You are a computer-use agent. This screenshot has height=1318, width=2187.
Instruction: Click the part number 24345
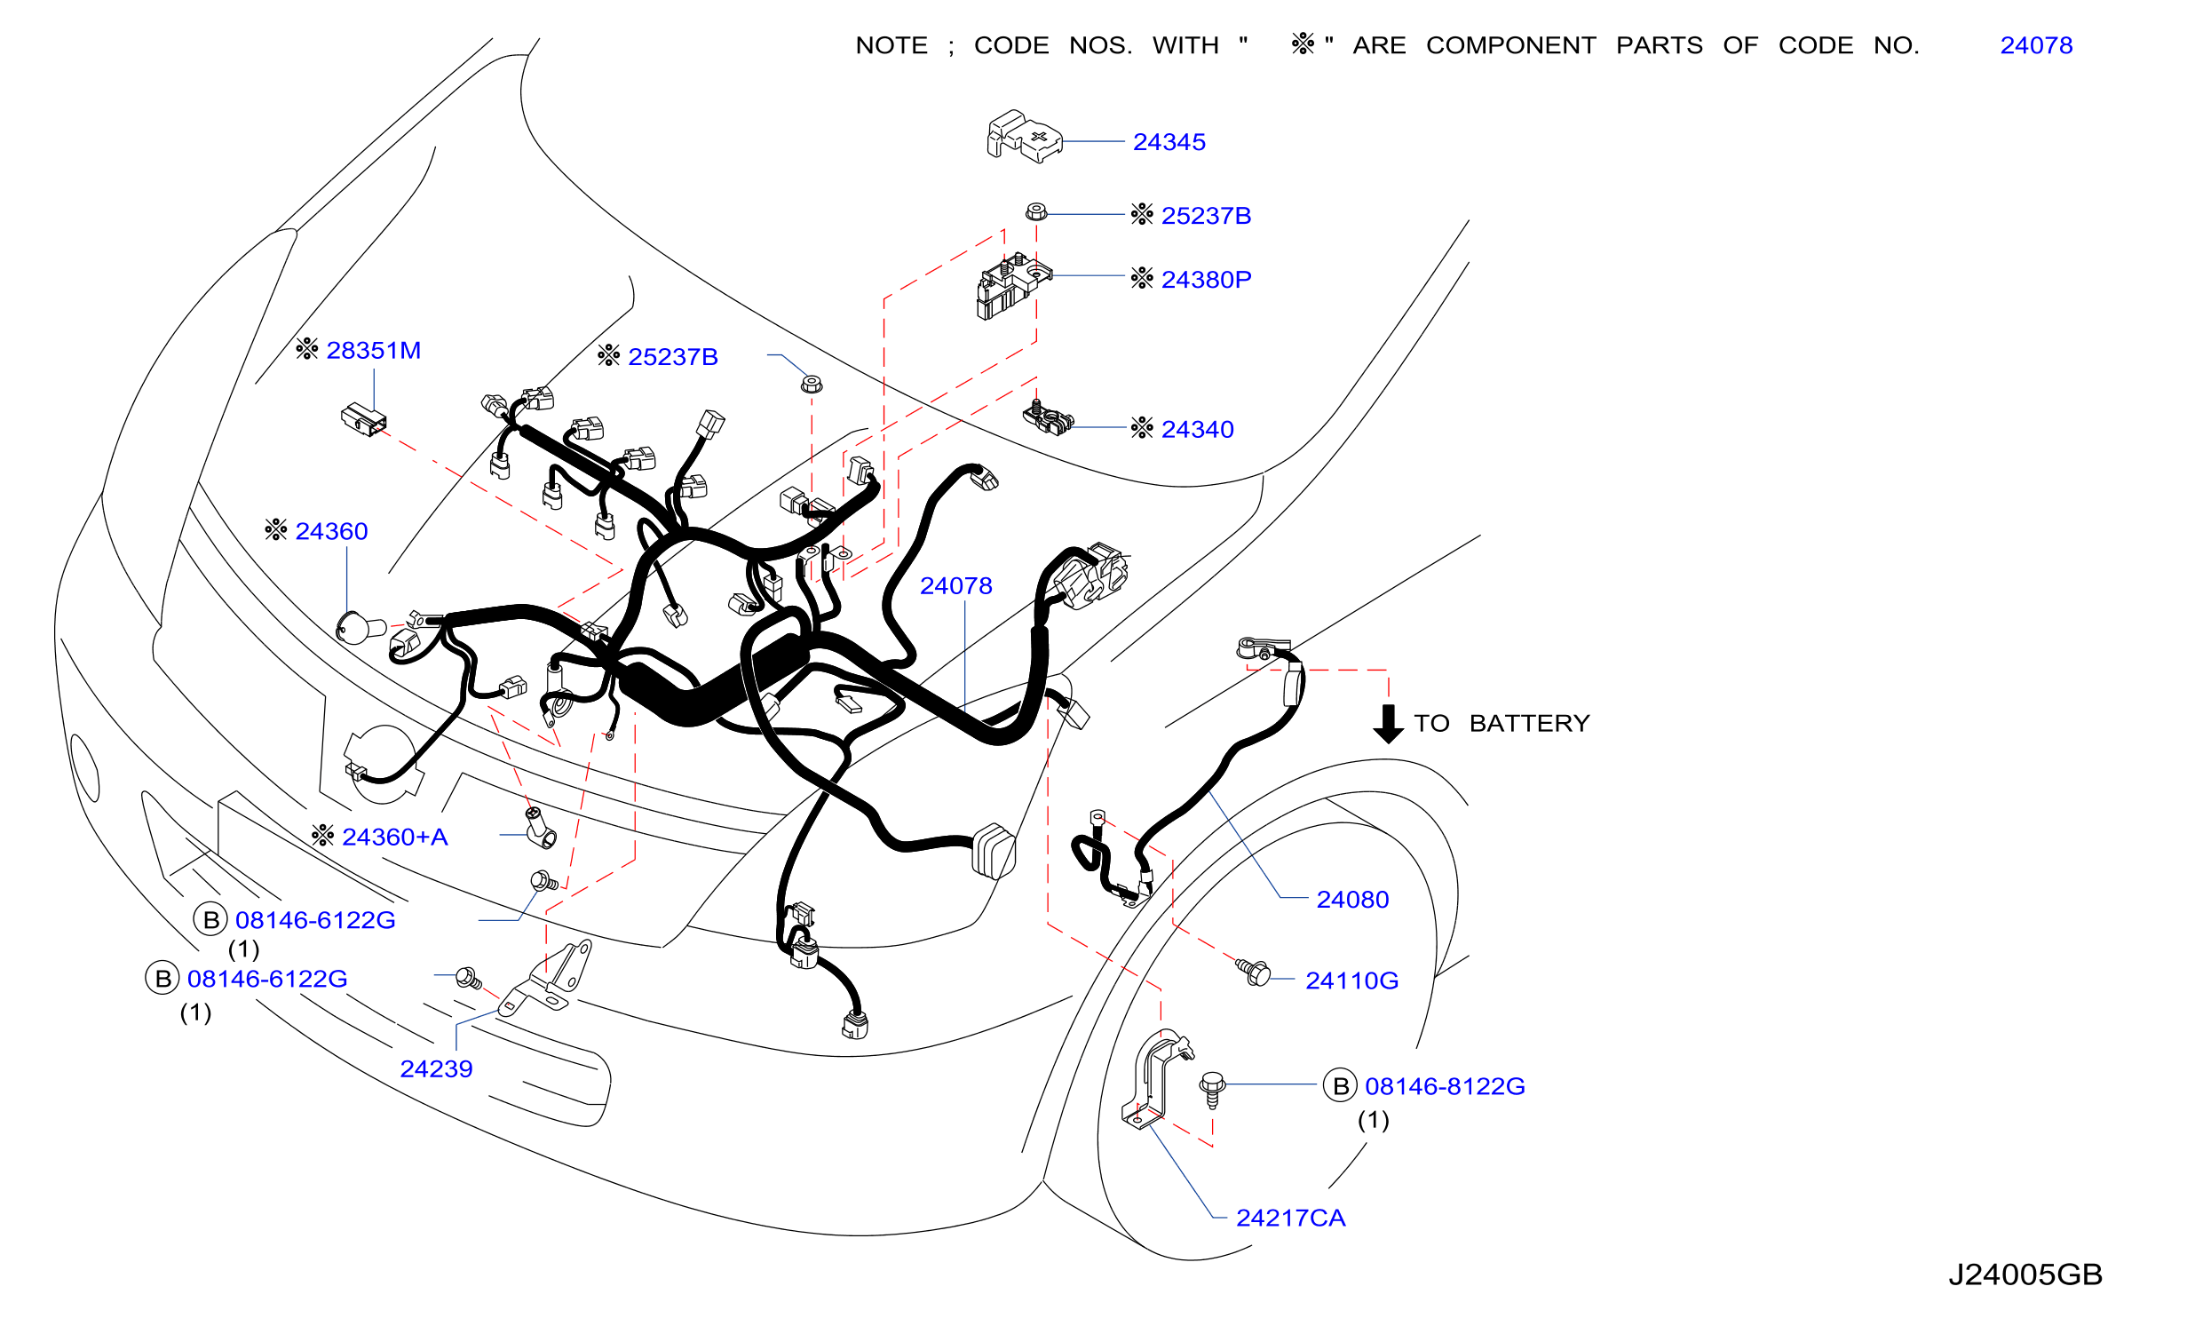pos(1169,142)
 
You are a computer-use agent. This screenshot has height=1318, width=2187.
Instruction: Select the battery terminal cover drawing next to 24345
pos(1024,137)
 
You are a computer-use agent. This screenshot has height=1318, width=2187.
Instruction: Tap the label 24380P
pos(1206,280)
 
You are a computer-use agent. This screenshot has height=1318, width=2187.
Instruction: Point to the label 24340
pos(1197,430)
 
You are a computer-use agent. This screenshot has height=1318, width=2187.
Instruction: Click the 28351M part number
pos(373,351)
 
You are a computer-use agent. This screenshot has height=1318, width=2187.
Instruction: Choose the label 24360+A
pos(394,837)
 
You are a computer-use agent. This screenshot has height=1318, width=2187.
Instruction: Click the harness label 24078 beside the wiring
pos(955,586)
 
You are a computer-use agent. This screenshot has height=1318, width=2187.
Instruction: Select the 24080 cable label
pos(1352,900)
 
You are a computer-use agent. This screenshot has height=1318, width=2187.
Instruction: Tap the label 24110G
pos(1351,981)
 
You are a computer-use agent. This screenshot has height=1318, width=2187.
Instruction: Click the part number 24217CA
pos(1290,1218)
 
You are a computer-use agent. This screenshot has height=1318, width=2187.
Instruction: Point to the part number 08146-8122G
pos(1445,1086)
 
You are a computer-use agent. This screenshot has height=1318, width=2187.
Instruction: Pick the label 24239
pos(436,1068)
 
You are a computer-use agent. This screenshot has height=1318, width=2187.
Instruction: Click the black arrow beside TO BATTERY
pos(1388,724)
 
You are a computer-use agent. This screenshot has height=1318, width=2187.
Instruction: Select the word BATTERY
pos(1529,724)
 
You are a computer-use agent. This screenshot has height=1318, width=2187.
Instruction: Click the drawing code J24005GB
pos(2025,1274)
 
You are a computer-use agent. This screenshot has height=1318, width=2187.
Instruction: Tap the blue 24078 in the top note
pos(2036,45)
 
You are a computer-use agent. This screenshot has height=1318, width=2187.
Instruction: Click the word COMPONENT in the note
pos(1510,45)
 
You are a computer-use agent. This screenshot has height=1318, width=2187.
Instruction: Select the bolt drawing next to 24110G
pos(1253,972)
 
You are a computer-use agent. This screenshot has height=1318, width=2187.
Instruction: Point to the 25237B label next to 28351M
pos(672,357)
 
